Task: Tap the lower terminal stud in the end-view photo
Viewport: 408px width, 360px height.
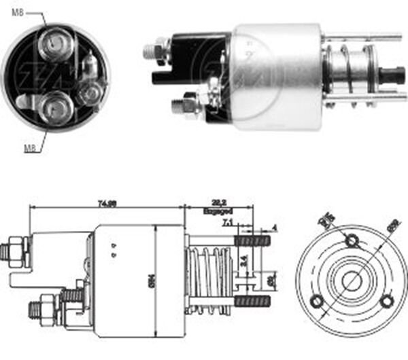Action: (x=52, y=107)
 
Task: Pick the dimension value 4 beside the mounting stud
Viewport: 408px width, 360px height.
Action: (x=274, y=228)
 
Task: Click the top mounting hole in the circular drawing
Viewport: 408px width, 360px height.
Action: (x=351, y=240)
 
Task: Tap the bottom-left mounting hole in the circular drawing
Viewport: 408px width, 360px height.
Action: (x=316, y=301)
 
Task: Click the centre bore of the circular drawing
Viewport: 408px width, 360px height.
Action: (x=351, y=281)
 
